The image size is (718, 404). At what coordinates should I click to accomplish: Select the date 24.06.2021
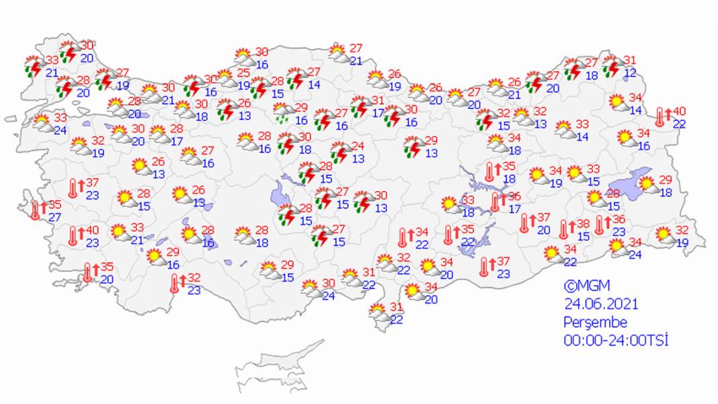600,304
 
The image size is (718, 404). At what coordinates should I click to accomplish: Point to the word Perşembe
595,322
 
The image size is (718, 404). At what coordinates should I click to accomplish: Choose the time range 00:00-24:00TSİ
616,340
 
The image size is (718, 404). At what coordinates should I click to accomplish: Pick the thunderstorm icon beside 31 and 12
612,68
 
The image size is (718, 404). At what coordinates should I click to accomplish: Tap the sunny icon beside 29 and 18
647,184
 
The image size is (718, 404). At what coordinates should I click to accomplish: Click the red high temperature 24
358,146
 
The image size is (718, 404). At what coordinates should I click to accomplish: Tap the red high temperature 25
243,72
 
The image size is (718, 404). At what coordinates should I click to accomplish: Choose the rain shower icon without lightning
282,113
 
